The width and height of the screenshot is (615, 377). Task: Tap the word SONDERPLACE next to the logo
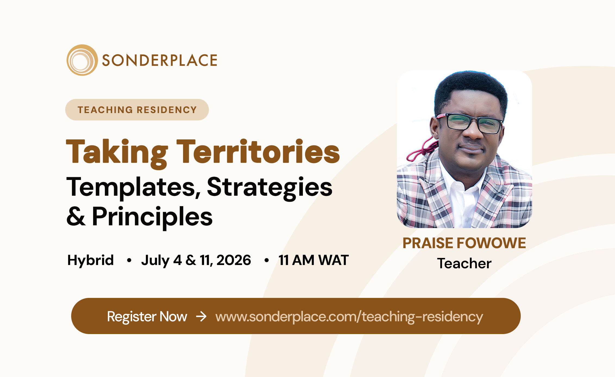[x=159, y=60]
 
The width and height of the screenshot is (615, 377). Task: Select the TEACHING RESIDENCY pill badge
[x=137, y=110]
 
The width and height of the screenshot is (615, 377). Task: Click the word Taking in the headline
[x=117, y=153]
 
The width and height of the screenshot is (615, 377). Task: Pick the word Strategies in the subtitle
[x=269, y=188]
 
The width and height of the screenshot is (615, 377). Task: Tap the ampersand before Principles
[x=76, y=216]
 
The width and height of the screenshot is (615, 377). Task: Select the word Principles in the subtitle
[x=152, y=217]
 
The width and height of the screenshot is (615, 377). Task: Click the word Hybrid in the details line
[x=90, y=260]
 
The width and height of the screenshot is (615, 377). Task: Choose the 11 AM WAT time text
[x=313, y=260]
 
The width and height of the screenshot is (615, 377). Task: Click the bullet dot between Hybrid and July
[x=129, y=260]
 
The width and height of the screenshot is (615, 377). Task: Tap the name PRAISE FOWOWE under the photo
[x=464, y=243]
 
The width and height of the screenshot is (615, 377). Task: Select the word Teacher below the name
[x=464, y=263]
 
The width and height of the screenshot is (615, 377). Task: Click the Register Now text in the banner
[x=147, y=317]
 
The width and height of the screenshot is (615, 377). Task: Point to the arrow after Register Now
[x=201, y=316]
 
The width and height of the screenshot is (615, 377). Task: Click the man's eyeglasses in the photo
[x=469, y=124]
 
